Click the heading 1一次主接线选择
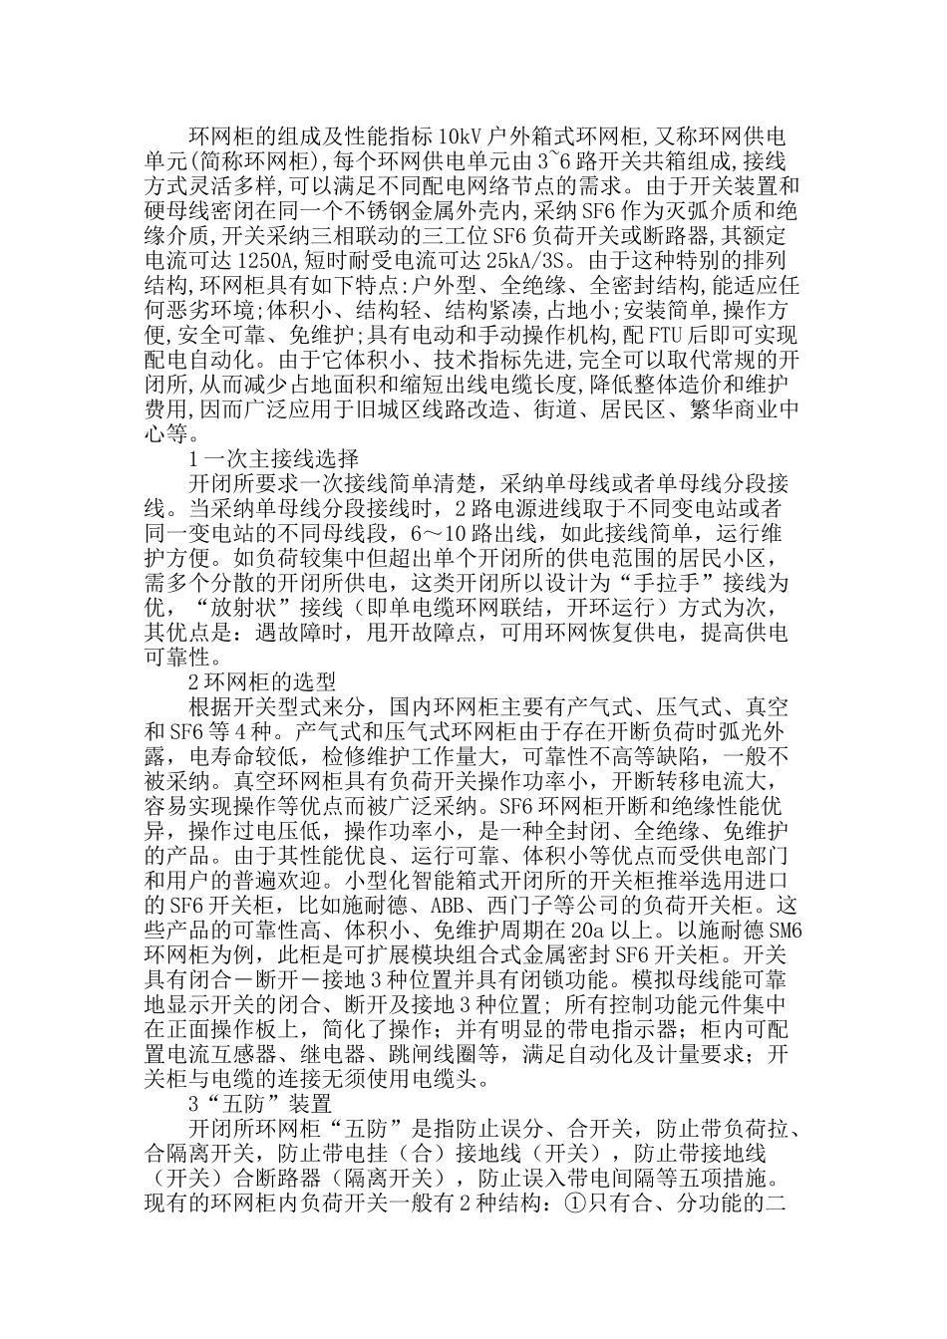click(x=273, y=459)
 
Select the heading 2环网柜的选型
click(x=263, y=682)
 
